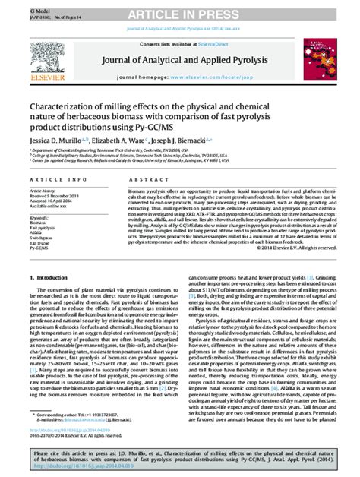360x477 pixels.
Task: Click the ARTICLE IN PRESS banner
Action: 180,8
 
